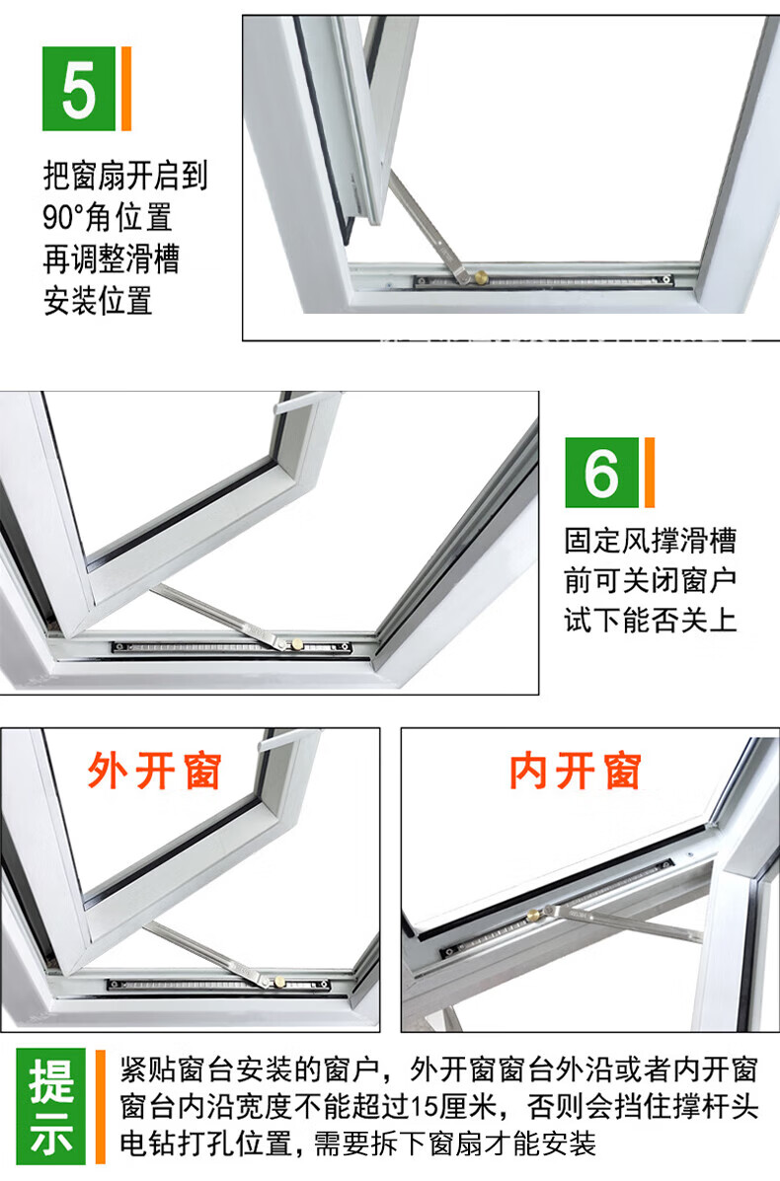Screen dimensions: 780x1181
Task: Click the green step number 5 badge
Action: (x=78, y=88)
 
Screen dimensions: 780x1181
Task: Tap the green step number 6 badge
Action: (x=601, y=473)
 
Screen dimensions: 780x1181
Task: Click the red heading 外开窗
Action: (x=154, y=771)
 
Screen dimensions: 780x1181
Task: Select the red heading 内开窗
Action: (x=575, y=771)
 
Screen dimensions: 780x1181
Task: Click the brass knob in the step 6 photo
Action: (x=297, y=644)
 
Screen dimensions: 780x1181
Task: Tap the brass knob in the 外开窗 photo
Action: (x=279, y=981)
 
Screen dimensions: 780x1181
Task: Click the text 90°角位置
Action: (x=108, y=218)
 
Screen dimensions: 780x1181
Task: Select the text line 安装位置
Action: (x=98, y=301)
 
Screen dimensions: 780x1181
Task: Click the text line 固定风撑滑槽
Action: (x=650, y=540)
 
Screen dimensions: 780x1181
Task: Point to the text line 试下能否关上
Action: (x=650, y=620)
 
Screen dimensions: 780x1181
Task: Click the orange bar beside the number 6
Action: (x=650, y=473)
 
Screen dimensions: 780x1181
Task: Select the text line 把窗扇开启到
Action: (x=125, y=177)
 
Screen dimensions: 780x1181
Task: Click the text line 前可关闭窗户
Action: (x=650, y=580)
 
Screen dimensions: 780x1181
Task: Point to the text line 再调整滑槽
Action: (x=112, y=259)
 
